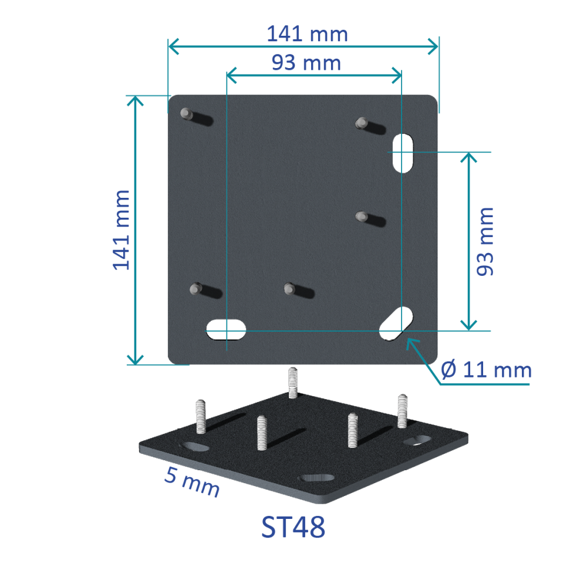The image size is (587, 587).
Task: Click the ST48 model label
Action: pos(293,527)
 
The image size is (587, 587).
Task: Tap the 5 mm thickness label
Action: pos(192,482)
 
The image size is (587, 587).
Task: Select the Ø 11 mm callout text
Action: pos(486,370)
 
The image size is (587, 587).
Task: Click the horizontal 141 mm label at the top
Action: pos(308,34)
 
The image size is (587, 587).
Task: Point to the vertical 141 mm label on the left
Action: pos(122,230)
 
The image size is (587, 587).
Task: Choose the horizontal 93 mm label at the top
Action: pos(306,63)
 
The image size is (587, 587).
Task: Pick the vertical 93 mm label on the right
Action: pos(485,242)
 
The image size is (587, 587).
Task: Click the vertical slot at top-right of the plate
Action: pos(403,153)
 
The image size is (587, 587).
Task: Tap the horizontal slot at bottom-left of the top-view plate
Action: pos(226,330)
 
